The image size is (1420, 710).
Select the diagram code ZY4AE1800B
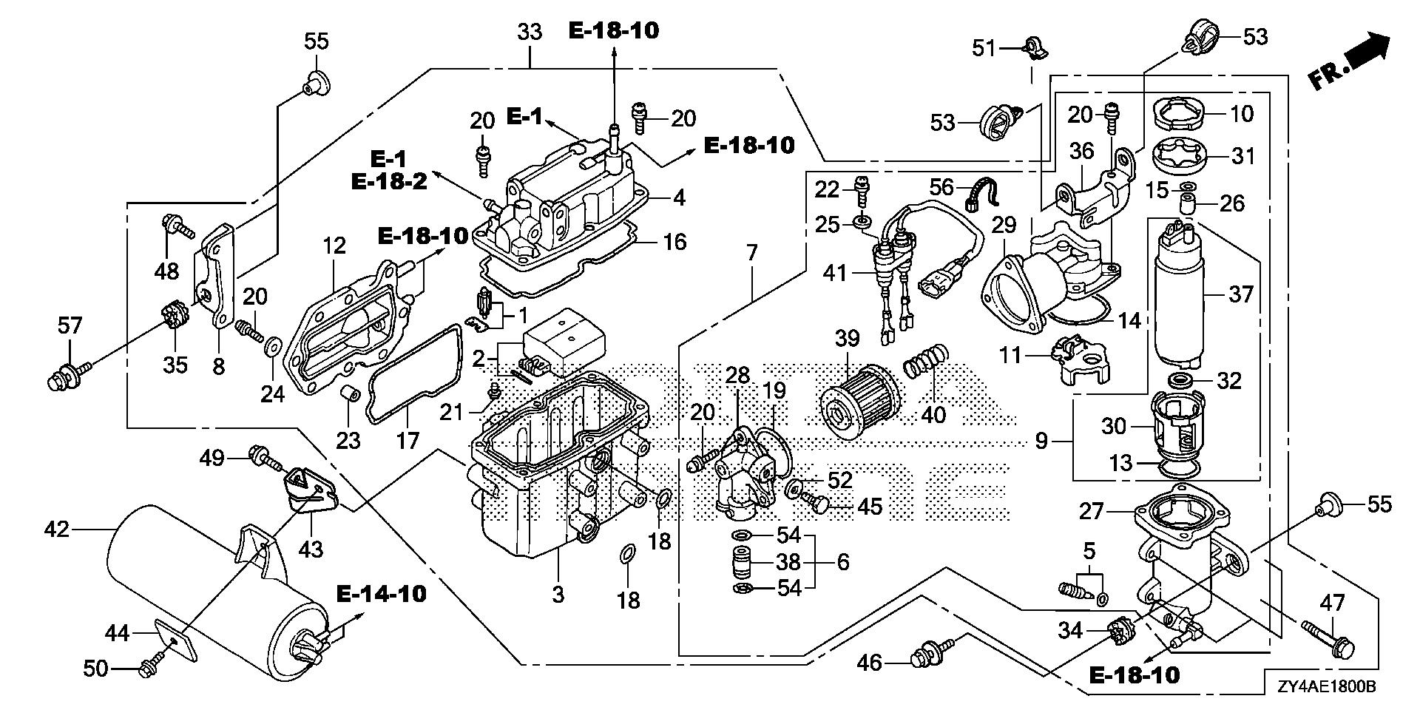point(1325,687)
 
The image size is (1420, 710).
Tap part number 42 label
point(57,529)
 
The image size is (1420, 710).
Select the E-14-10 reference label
point(381,593)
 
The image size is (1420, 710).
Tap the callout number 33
point(530,32)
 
